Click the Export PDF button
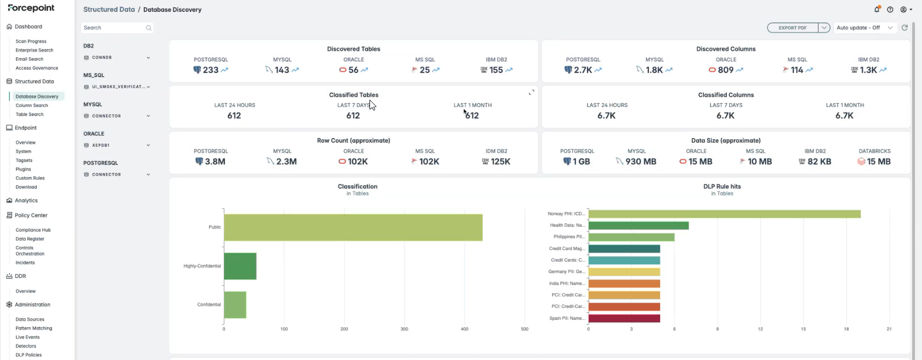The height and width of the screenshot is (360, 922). click(x=792, y=28)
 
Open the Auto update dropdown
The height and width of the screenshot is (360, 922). click(x=864, y=28)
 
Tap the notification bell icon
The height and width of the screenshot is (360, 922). click(x=877, y=10)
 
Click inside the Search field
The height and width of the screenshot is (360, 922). click(x=114, y=28)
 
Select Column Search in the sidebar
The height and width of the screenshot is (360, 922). click(x=32, y=105)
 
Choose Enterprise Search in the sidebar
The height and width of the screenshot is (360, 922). click(x=34, y=50)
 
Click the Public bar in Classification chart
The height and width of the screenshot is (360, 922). click(x=353, y=227)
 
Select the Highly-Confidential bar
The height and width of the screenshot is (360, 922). click(x=240, y=266)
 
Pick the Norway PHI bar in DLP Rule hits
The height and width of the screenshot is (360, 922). click(x=724, y=214)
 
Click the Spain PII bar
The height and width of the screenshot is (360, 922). click(x=624, y=319)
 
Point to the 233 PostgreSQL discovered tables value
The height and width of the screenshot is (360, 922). click(x=210, y=70)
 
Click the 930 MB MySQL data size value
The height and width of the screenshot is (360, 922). click(x=641, y=162)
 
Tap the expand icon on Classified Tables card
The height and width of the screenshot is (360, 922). click(x=532, y=92)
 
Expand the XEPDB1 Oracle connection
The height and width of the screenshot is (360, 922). click(x=148, y=145)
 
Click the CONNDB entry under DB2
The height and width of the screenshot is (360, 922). click(x=101, y=58)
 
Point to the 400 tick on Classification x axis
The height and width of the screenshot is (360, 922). click(x=464, y=329)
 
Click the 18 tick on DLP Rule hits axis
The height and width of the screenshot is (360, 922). click(x=846, y=329)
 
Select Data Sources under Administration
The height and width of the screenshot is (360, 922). click(x=29, y=319)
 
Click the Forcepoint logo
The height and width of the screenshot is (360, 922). click(x=31, y=8)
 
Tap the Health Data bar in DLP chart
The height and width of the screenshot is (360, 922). click(x=639, y=225)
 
